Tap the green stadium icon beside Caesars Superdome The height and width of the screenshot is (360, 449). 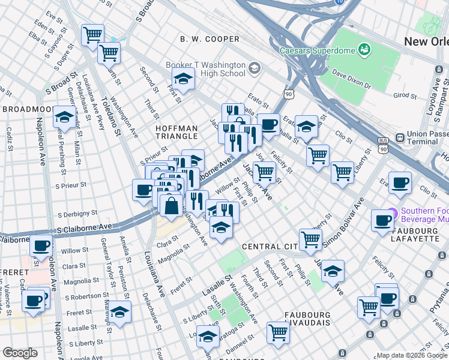tap(364, 49)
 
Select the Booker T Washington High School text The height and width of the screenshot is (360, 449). tap(206, 69)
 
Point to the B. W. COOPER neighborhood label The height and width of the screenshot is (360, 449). tap(209, 39)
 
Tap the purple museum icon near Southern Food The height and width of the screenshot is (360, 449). tap(393, 211)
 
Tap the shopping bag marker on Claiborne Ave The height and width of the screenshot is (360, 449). tap(172, 205)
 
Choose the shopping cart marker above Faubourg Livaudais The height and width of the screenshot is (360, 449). tap(279, 331)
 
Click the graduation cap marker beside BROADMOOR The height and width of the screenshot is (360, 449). tap(64, 116)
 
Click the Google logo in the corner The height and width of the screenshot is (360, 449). tap(20, 353)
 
